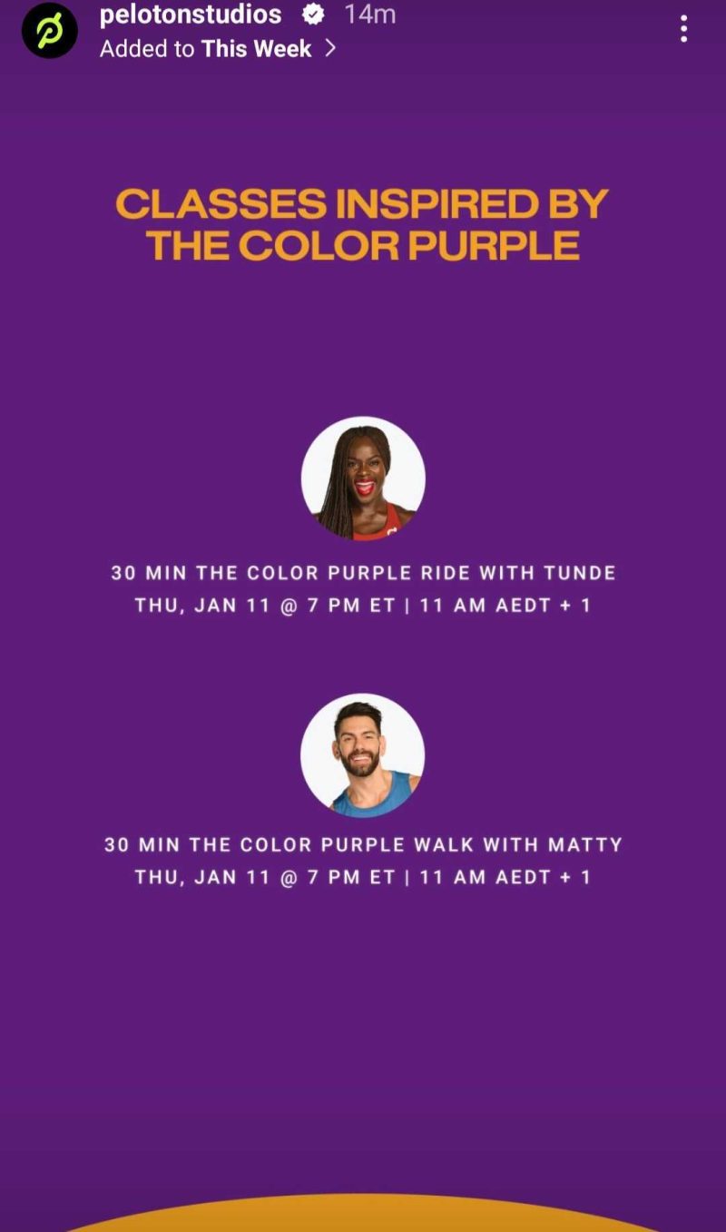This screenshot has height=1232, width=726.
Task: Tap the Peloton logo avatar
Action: point(49,31)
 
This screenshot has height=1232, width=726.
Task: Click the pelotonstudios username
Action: point(191,15)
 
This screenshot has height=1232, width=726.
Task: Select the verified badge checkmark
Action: point(313,15)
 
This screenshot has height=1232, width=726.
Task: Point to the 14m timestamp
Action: point(369,15)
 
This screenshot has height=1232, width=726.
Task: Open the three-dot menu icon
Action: point(683,29)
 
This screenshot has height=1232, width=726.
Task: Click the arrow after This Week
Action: point(330,48)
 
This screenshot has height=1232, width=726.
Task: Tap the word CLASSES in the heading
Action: point(221,204)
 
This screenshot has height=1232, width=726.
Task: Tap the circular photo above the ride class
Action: point(363,478)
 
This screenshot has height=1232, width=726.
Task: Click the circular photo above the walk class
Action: point(363,755)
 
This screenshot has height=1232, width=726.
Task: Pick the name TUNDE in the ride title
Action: point(579,573)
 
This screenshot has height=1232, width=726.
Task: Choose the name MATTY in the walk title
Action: point(585,844)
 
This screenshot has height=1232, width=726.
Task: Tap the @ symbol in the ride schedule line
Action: point(289,606)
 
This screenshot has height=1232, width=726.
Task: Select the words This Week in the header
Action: point(257,48)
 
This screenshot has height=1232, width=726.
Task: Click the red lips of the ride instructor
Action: point(365,488)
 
